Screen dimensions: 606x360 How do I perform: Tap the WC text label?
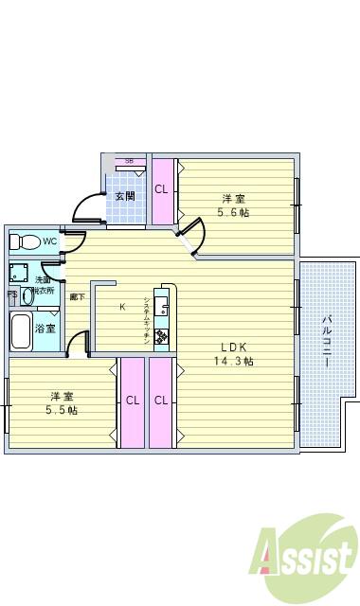pyautogui.click(x=48, y=241)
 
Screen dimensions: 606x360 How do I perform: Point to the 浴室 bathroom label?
pyautogui.click(x=45, y=329)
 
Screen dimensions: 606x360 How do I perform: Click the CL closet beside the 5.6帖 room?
pyautogui.click(x=161, y=188)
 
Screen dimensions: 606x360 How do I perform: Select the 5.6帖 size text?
pyautogui.click(x=234, y=213)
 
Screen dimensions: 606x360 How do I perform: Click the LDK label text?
pyautogui.click(x=234, y=346)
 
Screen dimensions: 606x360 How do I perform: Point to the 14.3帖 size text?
pyautogui.click(x=234, y=361)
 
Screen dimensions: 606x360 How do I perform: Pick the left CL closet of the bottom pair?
pyautogui.click(x=132, y=400)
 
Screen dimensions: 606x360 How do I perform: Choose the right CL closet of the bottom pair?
pyautogui.click(x=161, y=400)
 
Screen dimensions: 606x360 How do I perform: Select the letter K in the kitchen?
pyautogui.click(x=121, y=306)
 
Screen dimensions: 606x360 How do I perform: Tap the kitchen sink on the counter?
pyautogui.click(x=162, y=306)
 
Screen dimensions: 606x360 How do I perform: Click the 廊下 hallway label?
pyautogui.click(x=75, y=297)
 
